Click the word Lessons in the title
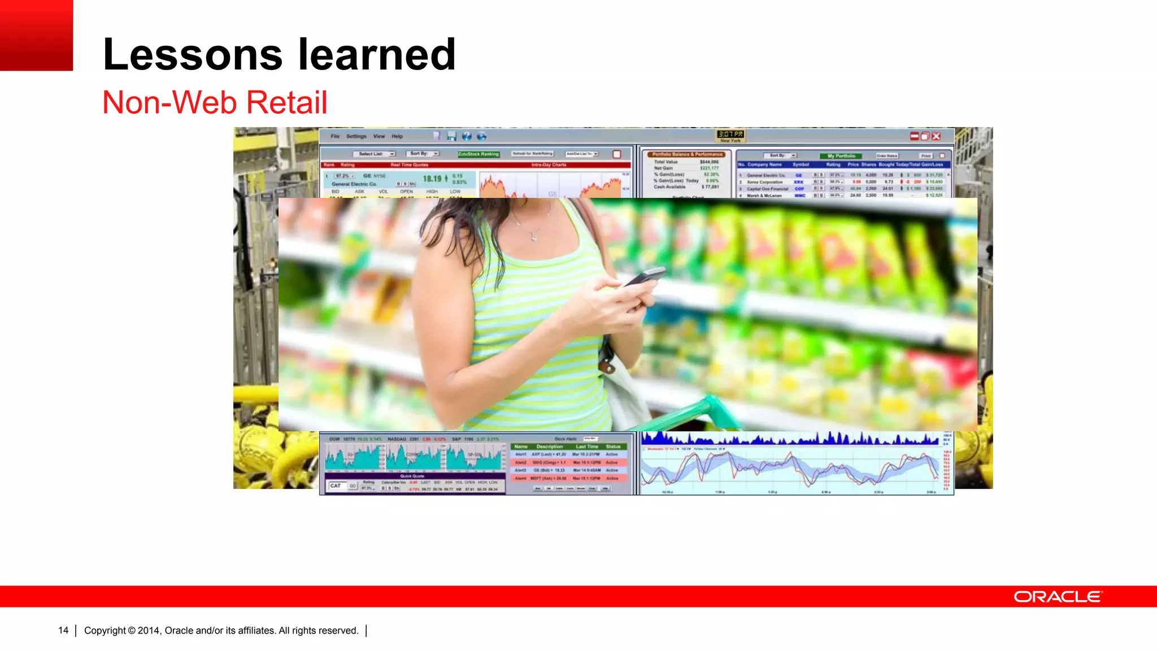click(x=192, y=55)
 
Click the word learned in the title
click(x=376, y=55)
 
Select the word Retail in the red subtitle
click(x=286, y=103)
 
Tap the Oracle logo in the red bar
click(x=1057, y=597)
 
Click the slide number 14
click(x=63, y=631)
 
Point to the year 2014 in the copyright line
click(x=149, y=631)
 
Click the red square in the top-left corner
click(x=36, y=35)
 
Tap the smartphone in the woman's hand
click(x=644, y=277)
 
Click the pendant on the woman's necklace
click(x=534, y=238)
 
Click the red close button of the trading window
click(x=936, y=136)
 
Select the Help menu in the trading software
click(x=397, y=136)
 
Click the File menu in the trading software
click(x=335, y=136)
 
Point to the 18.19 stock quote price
click(x=432, y=179)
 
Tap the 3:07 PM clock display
click(x=730, y=134)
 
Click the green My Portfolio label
click(x=841, y=155)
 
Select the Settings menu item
click(x=356, y=136)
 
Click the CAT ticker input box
click(x=337, y=485)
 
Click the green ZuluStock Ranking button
click(x=478, y=154)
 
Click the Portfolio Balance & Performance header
click(x=687, y=154)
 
